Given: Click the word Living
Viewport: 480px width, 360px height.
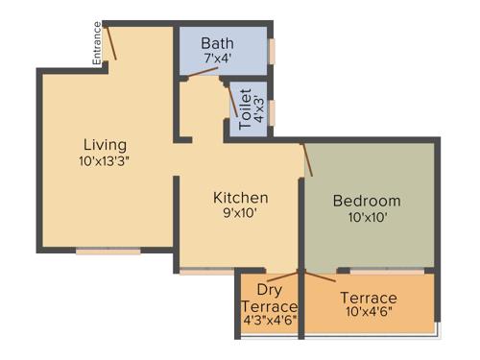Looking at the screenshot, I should pyautogui.click(x=105, y=144).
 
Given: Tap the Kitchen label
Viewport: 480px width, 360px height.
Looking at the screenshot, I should pyautogui.click(x=240, y=198).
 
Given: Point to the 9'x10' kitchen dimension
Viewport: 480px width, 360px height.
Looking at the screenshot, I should pyautogui.click(x=240, y=214).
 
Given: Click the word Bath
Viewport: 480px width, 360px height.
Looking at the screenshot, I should pyautogui.click(x=217, y=43).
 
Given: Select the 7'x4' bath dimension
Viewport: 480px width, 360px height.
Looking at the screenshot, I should pyautogui.click(x=217, y=60).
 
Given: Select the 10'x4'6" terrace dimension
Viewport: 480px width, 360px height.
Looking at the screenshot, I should pyautogui.click(x=368, y=312).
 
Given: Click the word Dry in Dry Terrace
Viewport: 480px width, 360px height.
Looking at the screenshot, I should pyautogui.click(x=269, y=290).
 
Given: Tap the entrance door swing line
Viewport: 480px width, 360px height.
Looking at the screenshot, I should pyautogui.click(x=111, y=42).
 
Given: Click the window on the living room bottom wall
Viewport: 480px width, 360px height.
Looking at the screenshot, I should pyautogui.click(x=108, y=252).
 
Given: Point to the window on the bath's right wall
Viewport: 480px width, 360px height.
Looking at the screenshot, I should pyautogui.click(x=273, y=50).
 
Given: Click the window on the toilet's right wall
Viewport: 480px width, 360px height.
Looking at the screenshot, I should pyautogui.click(x=273, y=111).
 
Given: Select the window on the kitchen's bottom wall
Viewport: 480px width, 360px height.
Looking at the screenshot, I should pyautogui.click(x=207, y=272).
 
